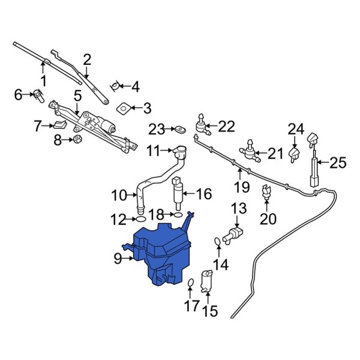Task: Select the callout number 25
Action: pyautogui.click(x=338, y=162)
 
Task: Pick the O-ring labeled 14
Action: pyautogui.click(x=217, y=242)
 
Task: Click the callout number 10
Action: pyautogui.click(x=118, y=195)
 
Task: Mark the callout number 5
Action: pyautogui.click(x=77, y=95)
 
